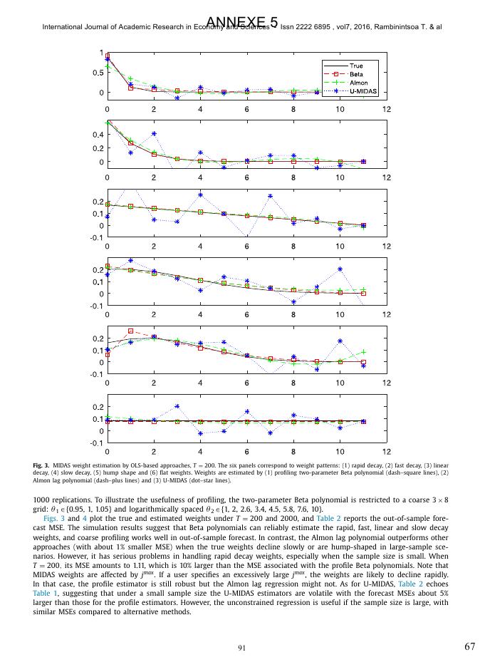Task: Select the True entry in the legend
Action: click(355, 66)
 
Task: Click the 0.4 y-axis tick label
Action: click(97, 134)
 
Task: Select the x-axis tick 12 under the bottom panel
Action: click(386, 451)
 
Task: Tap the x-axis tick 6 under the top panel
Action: click(247, 109)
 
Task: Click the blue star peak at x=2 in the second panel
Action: click(154, 133)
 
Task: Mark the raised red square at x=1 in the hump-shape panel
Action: click(130, 331)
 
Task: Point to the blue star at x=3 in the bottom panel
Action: click(177, 406)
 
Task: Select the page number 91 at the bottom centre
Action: click(242, 647)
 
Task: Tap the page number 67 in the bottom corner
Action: click(469, 646)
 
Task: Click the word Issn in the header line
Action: click(288, 27)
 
